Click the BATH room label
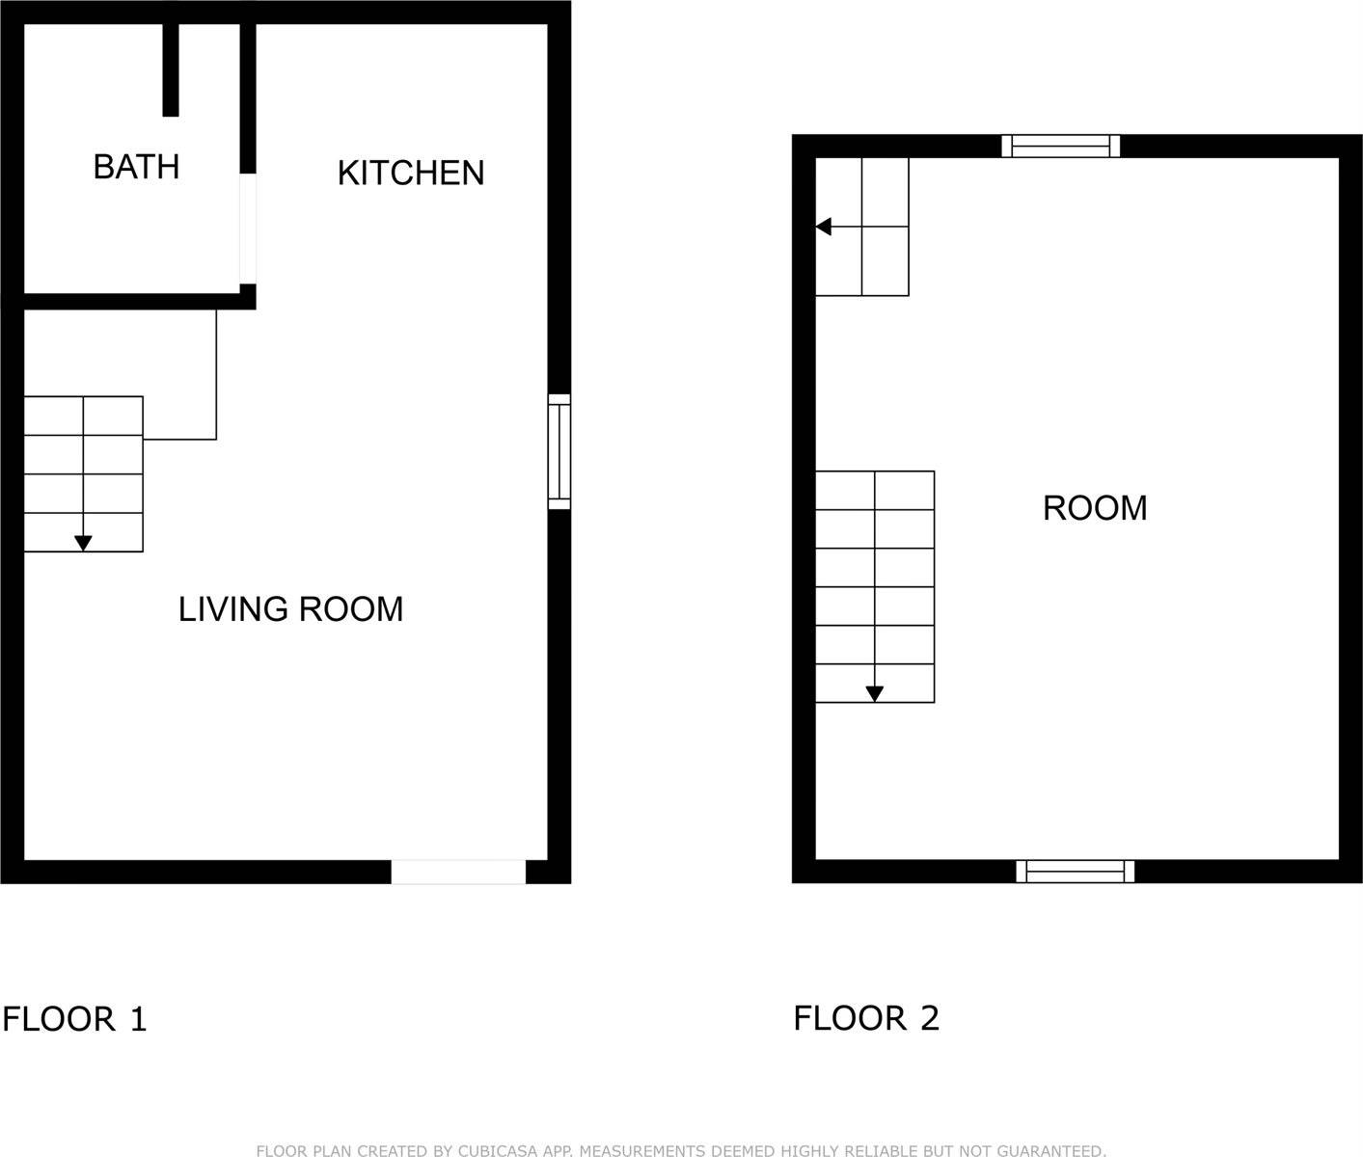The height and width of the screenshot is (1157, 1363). [x=136, y=167]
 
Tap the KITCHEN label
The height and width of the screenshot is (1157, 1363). [x=411, y=173]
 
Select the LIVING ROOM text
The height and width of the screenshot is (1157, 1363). [x=290, y=609]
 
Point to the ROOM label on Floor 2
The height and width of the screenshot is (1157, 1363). [x=1095, y=508]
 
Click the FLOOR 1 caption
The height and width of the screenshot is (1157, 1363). [x=74, y=1019]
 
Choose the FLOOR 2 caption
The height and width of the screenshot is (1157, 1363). [x=865, y=1018]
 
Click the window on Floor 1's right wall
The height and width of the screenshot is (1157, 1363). [x=559, y=451]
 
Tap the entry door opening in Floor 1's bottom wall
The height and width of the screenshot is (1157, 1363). [x=458, y=872]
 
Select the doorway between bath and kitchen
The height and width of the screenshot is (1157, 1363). [x=249, y=229]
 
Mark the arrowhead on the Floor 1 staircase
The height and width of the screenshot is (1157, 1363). [x=84, y=544]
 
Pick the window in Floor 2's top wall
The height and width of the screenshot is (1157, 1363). [x=1060, y=147]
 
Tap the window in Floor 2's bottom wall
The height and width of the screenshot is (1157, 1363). [x=1075, y=872]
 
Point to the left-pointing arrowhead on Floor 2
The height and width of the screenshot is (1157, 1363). [x=823, y=227]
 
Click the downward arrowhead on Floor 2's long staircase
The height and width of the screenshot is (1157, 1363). [x=875, y=693]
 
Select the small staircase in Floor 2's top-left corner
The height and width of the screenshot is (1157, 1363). [x=862, y=227]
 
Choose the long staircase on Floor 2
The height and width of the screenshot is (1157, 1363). [x=875, y=586]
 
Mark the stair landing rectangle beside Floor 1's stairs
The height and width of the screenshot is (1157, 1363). [x=179, y=374]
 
